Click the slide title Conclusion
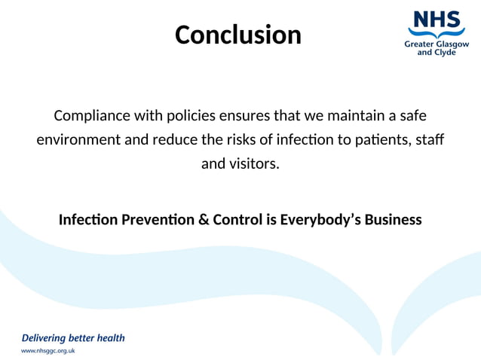tap(238, 35)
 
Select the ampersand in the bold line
tap(198, 220)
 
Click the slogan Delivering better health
tap(73, 337)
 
